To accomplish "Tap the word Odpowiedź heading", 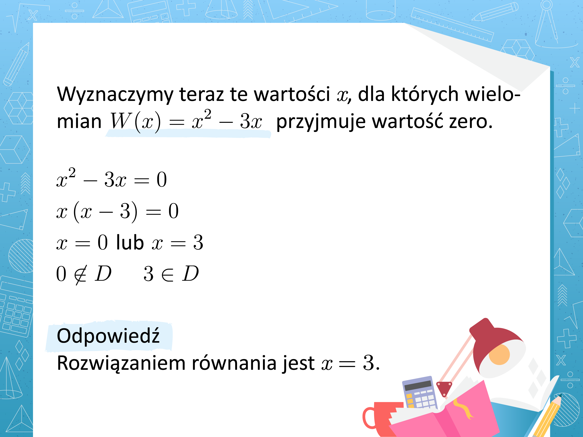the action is click(108, 336).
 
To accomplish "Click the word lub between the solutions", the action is click(130, 242).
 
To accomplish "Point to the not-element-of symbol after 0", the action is click(81, 274).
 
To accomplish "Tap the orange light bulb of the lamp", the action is click(499, 354).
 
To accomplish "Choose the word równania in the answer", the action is click(234, 363).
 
